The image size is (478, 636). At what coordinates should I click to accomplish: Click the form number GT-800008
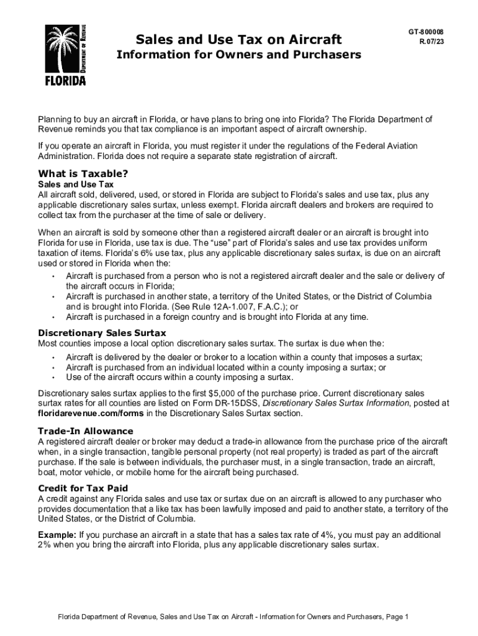[x=425, y=32]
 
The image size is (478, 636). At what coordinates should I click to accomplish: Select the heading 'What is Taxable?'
[x=83, y=173]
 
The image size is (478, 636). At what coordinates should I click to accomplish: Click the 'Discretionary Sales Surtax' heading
[x=102, y=333]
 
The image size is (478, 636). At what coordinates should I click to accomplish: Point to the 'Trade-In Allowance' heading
[x=86, y=431]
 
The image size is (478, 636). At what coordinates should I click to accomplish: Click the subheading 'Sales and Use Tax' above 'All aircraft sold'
[x=76, y=185]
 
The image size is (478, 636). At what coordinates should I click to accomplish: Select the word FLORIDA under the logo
[x=65, y=81]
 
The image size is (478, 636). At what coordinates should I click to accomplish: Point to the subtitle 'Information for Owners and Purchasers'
[x=239, y=55]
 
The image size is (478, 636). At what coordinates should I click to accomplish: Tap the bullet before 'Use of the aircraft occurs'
[x=53, y=377]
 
